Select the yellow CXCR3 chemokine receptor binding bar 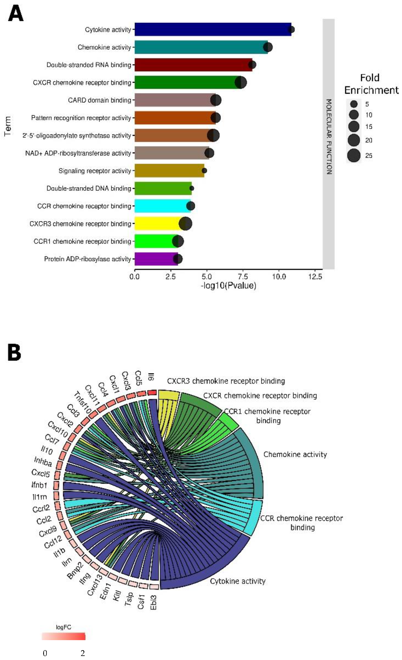tap(158, 224)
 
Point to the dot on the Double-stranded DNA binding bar tap(192, 188)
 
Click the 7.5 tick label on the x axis tap(243, 277)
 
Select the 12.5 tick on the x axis tap(315, 277)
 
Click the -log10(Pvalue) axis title tap(228, 285)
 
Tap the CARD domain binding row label tap(99, 100)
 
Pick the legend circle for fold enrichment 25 tap(354, 156)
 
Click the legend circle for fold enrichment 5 tap(354, 104)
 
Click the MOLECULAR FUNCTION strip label tap(329, 137)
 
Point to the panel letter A tap(15, 14)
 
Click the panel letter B tap(14, 352)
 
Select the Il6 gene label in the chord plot tap(151, 377)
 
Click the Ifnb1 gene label tap(39, 485)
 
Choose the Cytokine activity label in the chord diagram tap(238, 581)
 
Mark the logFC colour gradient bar tap(64, 636)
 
